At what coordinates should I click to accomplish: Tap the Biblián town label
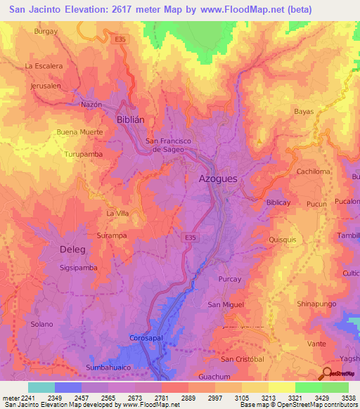pyautogui.click(x=130, y=119)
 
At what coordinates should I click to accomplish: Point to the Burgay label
pyautogui.click(x=46, y=32)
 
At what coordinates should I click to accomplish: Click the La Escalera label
pyautogui.click(x=44, y=66)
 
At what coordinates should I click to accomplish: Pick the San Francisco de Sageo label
pyautogui.click(x=169, y=145)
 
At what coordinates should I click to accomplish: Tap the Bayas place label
pyautogui.click(x=304, y=112)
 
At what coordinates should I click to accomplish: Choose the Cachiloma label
pyautogui.click(x=313, y=171)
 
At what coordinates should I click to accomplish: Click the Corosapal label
pyautogui.click(x=147, y=339)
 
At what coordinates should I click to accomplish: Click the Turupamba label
pyautogui.click(x=84, y=153)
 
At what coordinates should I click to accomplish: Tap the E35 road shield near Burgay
pyautogui.click(x=121, y=40)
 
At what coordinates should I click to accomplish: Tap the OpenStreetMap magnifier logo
pyautogui.click(x=327, y=374)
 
